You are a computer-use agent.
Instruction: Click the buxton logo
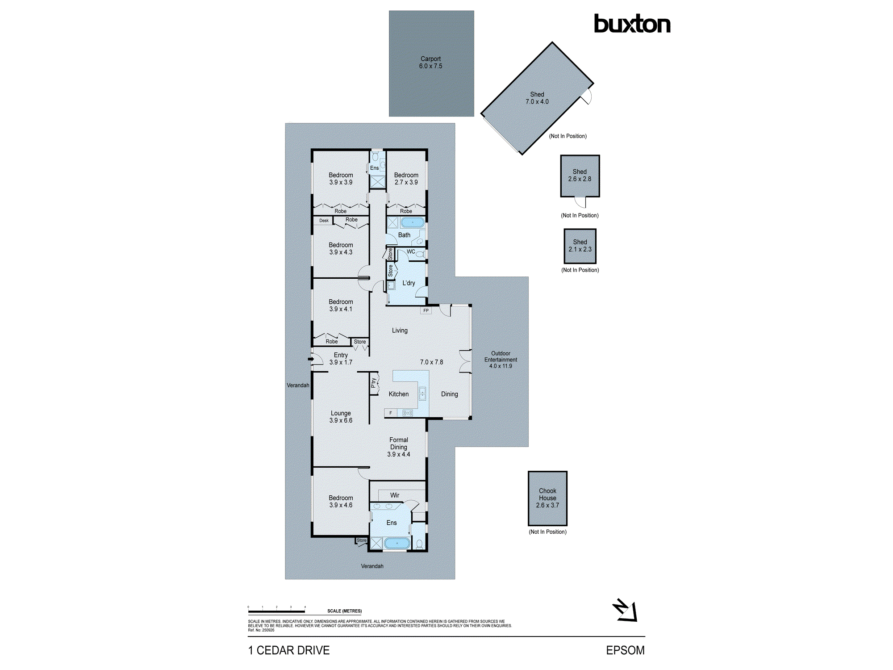[632, 24]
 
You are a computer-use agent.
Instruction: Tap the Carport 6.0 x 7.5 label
[430, 63]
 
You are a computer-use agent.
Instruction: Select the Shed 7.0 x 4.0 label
[537, 98]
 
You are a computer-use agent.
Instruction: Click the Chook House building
[547, 498]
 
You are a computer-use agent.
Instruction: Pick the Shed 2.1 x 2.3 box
[580, 246]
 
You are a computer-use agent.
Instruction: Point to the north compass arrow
[626, 611]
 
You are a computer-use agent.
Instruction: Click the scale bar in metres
[276, 611]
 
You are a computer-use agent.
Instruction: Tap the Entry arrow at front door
[311, 359]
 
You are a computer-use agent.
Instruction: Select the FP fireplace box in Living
[426, 310]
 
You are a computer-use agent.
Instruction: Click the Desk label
[324, 221]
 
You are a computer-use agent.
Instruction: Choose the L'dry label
[409, 283]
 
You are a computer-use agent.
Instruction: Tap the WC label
[411, 251]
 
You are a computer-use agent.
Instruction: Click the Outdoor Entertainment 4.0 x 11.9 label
[501, 360]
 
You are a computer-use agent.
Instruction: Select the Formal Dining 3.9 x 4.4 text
[398, 447]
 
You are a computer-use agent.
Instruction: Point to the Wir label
[395, 495]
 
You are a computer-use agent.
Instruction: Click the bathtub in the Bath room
[412, 222]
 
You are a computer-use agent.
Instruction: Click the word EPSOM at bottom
[625, 650]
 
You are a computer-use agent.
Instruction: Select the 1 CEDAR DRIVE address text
[289, 650]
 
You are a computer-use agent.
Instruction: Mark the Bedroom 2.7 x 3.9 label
[406, 179]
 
